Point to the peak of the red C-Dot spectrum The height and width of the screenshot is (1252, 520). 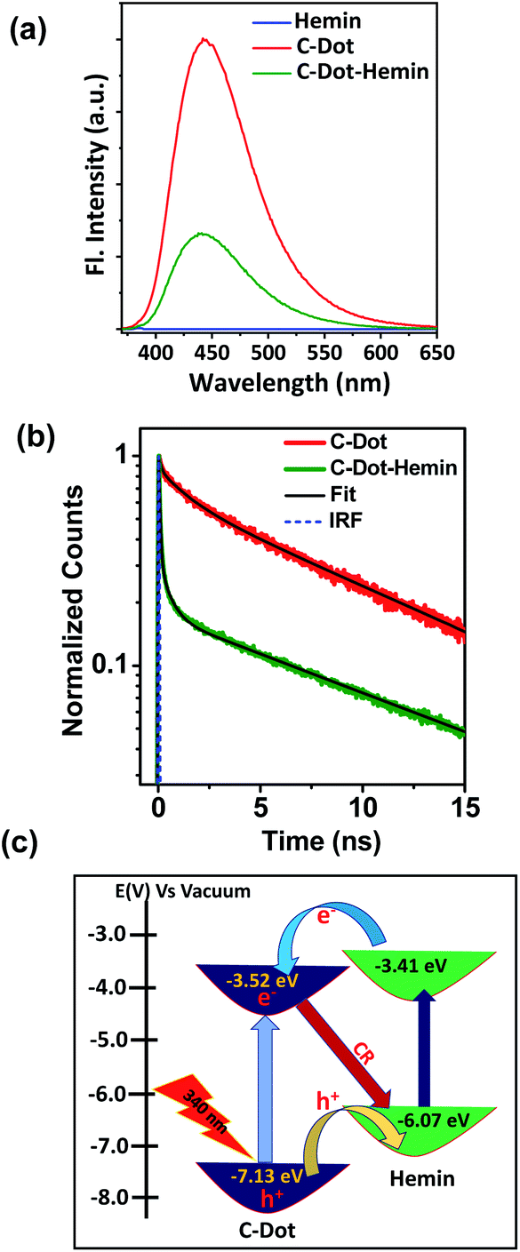(205, 40)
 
